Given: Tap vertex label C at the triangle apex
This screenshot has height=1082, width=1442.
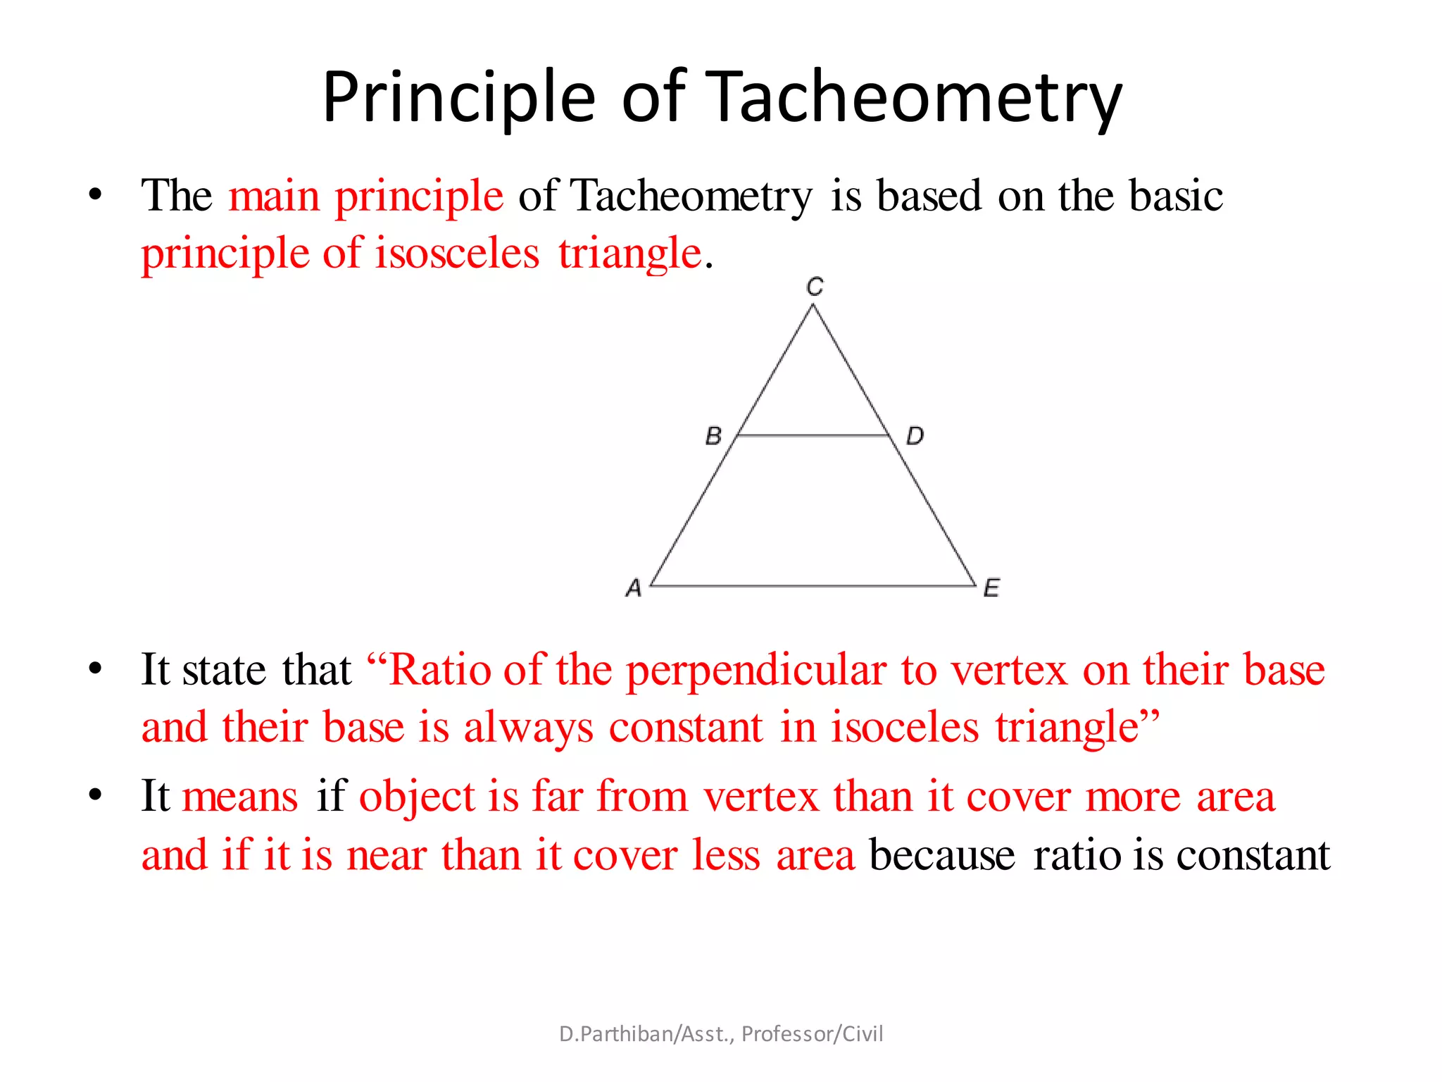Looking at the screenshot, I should click(x=815, y=287).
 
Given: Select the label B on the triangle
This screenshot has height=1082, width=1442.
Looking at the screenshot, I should click(x=713, y=436).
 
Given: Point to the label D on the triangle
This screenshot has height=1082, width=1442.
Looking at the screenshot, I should click(x=915, y=436).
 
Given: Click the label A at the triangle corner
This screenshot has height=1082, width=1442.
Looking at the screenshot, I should click(x=634, y=587).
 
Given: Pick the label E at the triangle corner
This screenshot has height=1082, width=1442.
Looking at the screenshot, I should click(x=991, y=587).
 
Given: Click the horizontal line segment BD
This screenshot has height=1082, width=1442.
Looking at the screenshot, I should click(x=813, y=436).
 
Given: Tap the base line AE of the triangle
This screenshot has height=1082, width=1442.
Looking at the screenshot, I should click(x=813, y=585).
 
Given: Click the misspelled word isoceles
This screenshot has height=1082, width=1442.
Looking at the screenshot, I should click(x=904, y=727).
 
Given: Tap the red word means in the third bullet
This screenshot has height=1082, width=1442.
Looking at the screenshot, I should click(x=240, y=797).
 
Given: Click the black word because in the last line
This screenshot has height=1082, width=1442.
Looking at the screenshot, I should click(x=943, y=855).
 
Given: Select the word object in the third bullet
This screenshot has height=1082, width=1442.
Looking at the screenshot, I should click(x=417, y=797).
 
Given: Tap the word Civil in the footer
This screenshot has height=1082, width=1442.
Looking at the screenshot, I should click(x=863, y=1033).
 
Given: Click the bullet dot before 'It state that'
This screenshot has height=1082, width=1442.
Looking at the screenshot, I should click(x=96, y=669).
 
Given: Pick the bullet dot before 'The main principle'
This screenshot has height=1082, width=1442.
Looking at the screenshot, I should click(x=96, y=195).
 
